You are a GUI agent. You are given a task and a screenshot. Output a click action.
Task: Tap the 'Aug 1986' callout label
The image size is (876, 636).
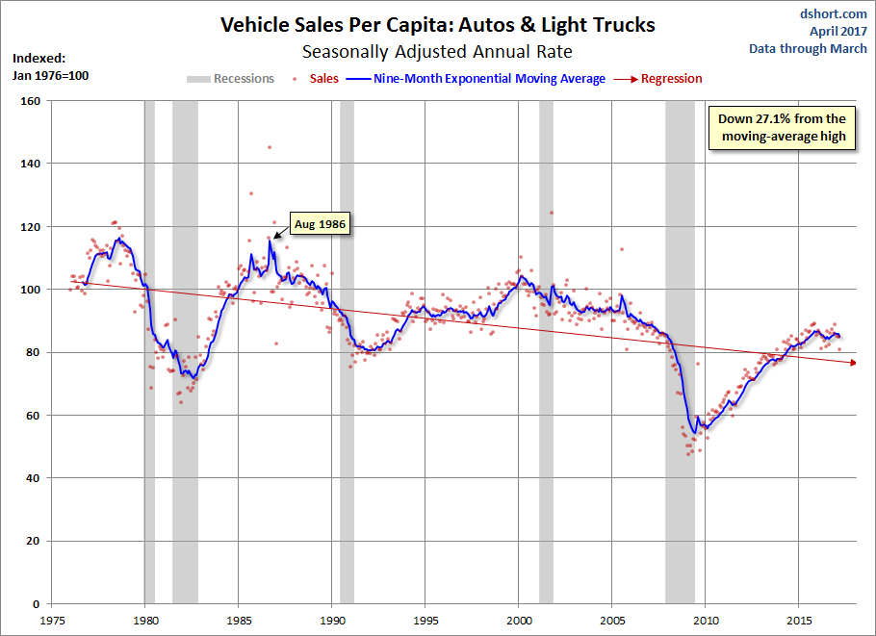pos(320,224)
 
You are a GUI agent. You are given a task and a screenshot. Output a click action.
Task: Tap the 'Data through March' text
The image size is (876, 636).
pos(809,48)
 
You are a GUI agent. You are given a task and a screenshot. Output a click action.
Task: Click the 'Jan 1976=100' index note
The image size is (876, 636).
pos(50,75)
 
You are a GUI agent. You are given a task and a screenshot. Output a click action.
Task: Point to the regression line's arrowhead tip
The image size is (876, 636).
pos(856,363)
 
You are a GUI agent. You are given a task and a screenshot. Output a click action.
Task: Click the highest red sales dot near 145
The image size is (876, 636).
pos(269,147)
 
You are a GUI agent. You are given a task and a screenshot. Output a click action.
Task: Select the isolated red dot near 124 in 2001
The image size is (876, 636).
pos(552,213)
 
